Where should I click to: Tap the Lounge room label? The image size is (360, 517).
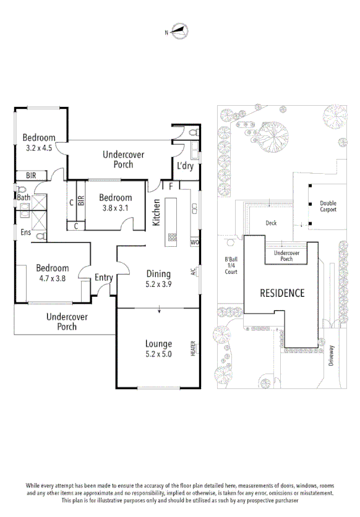[159, 344]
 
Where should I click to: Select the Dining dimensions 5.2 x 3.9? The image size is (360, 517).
[159, 284]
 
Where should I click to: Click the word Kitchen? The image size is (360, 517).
[157, 212]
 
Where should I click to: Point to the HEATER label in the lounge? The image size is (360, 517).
[194, 348]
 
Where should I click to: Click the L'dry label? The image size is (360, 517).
[185, 166]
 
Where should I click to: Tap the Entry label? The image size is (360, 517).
[103, 278]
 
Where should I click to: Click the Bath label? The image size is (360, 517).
[24, 198]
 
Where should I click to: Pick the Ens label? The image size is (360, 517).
[26, 233]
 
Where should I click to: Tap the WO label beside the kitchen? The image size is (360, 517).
[194, 242]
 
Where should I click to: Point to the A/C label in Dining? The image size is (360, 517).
[194, 271]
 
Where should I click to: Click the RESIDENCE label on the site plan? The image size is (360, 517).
[281, 293]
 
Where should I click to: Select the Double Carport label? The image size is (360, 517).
[328, 207]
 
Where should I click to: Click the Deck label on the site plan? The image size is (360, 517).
[271, 223]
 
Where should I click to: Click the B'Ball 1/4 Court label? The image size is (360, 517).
[231, 265]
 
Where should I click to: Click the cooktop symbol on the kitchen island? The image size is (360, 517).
[172, 237]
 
